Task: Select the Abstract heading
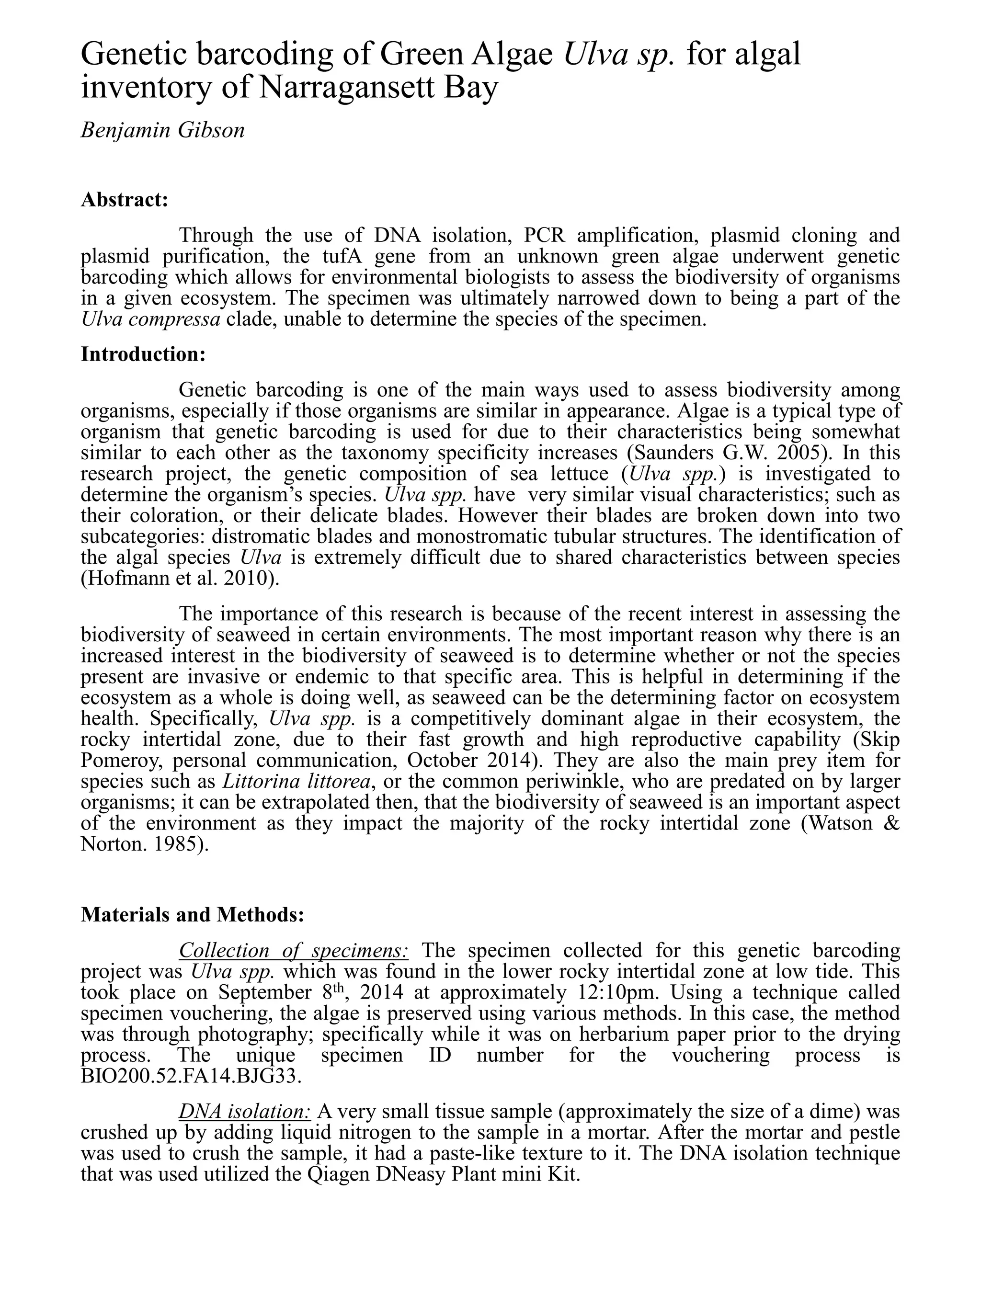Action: point(125,199)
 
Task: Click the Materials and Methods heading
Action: point(192,914)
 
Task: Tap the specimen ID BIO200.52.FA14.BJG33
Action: point(191,1076)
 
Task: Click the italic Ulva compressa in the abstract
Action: point(151,319)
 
